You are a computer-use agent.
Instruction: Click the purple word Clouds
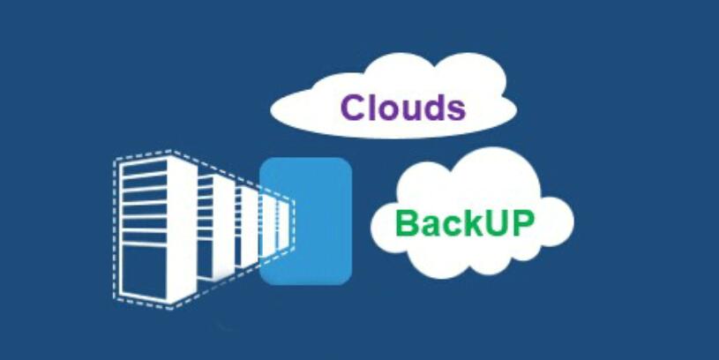pos(403,107)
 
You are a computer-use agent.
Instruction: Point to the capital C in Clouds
pos(354,107)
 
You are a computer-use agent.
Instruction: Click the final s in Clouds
pos(454,109)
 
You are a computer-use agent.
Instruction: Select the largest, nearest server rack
pos(146,228)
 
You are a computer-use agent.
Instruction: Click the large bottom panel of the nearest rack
pos(146,274)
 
